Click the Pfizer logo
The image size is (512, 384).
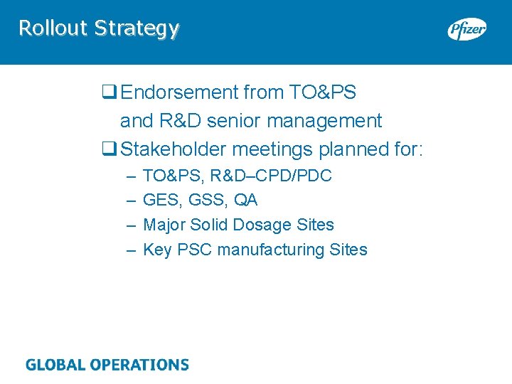466,29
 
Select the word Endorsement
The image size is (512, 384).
179,92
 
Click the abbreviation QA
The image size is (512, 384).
245,200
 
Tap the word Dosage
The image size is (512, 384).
251,225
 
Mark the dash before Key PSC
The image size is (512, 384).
130,250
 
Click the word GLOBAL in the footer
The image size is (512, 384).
55,366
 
